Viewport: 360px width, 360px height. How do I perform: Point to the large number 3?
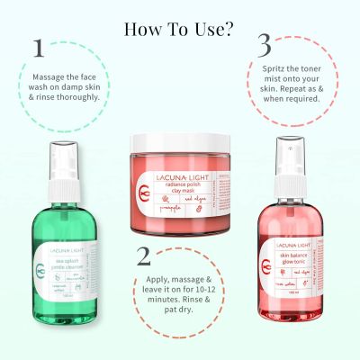[x=265, y=44]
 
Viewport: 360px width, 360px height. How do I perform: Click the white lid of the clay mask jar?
[x=180, y=141]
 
